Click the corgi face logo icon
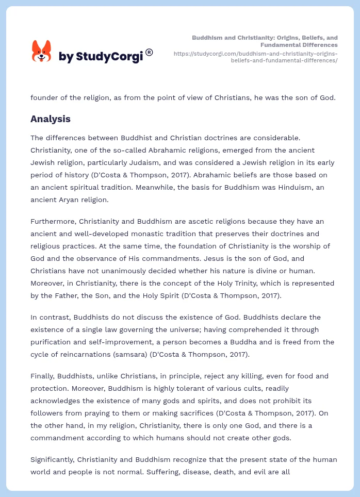42,51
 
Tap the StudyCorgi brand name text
101,57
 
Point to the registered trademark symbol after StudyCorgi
149,52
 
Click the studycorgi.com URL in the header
256,57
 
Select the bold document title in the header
265,41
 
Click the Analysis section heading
51,119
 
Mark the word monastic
148,234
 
